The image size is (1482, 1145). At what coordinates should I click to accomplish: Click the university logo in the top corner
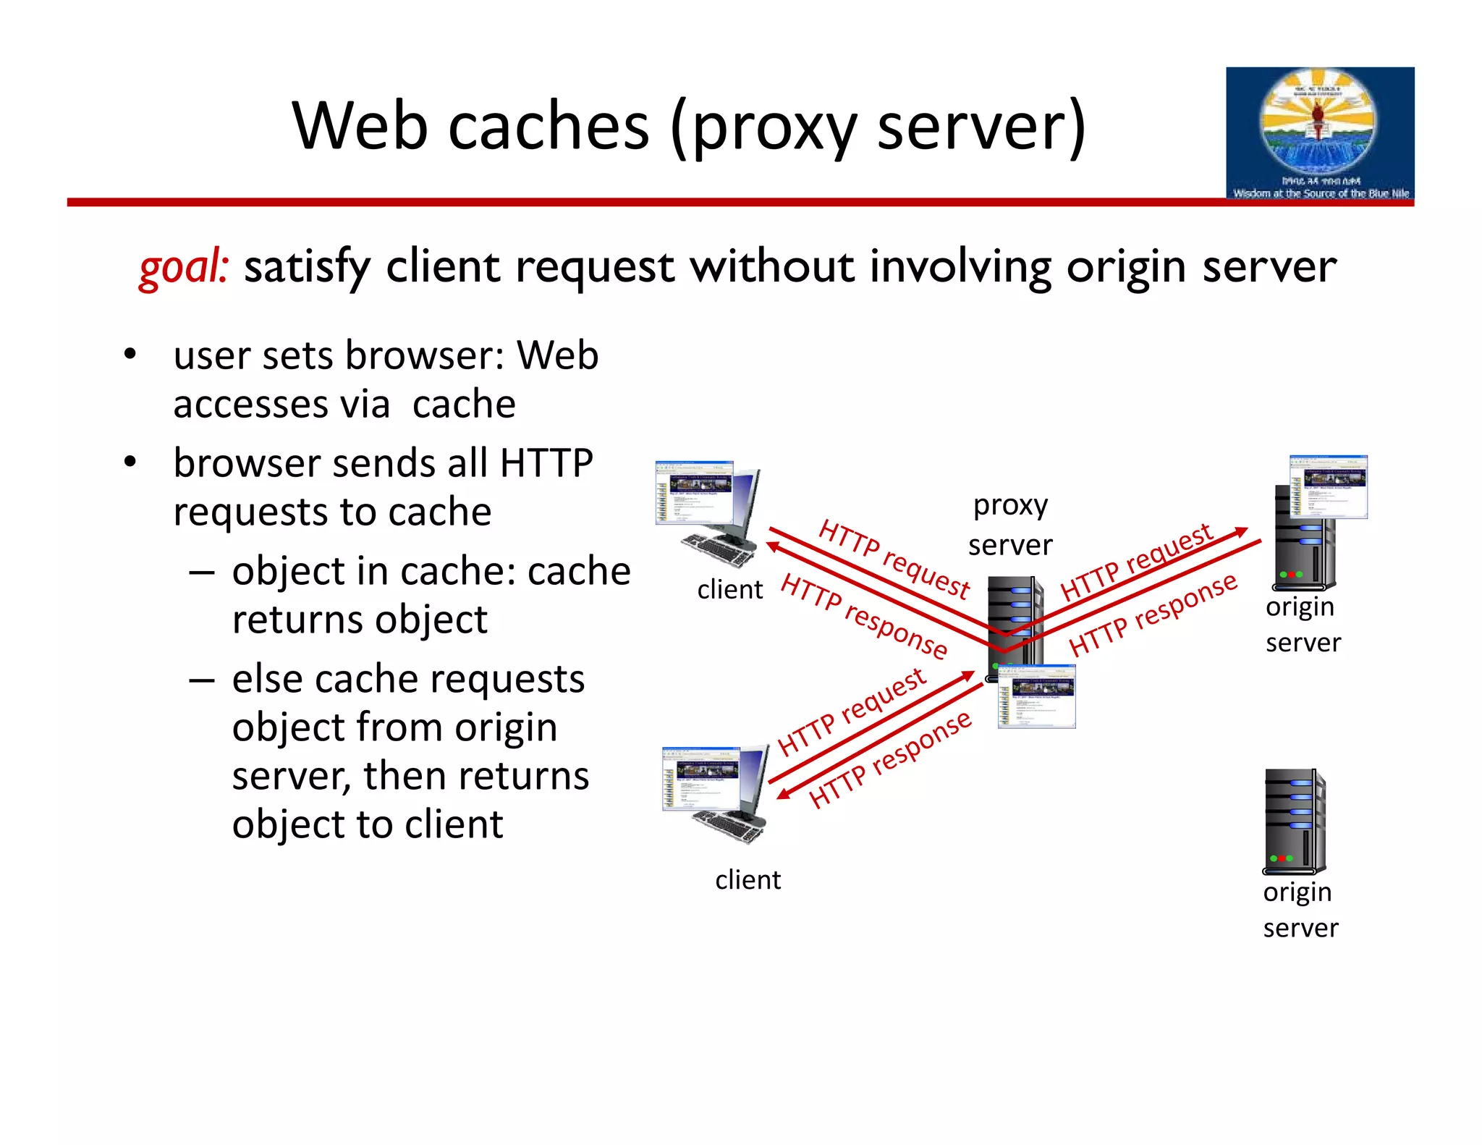(x=1319, y=134)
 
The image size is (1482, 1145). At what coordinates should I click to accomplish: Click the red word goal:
(x=184, y=266)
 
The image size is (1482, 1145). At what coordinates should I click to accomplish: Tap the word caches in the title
(x=548, y=127)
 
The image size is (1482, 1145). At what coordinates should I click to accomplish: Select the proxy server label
(x=1010, y=525)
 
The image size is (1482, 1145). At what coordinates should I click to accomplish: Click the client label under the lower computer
(x=748, y=880)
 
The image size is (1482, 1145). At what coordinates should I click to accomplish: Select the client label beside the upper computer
(x=729, y=590)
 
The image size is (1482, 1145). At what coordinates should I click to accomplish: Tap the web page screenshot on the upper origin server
(x=1329, y=486)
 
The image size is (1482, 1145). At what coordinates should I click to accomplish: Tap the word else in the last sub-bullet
(x=266, y=680)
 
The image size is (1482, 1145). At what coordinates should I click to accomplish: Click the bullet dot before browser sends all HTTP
(x=130, y=462)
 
